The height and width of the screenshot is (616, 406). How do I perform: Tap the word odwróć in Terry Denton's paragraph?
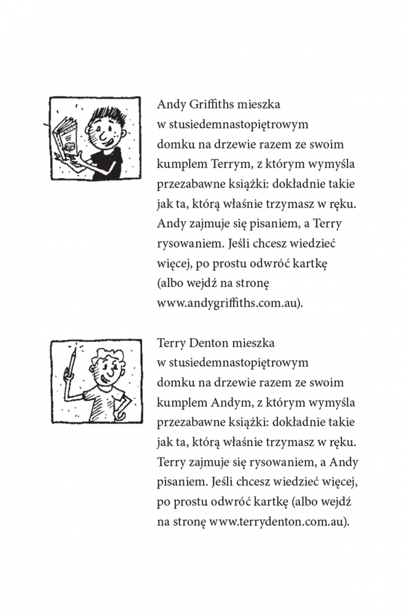(x=232, y=501)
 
